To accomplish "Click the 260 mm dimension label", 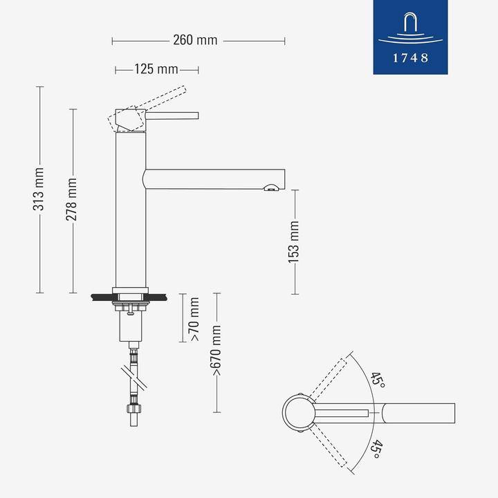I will point(195,40).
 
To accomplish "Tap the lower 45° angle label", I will point(376,450).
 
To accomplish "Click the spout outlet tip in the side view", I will point(273,186).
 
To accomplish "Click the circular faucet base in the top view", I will point(300,414).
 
